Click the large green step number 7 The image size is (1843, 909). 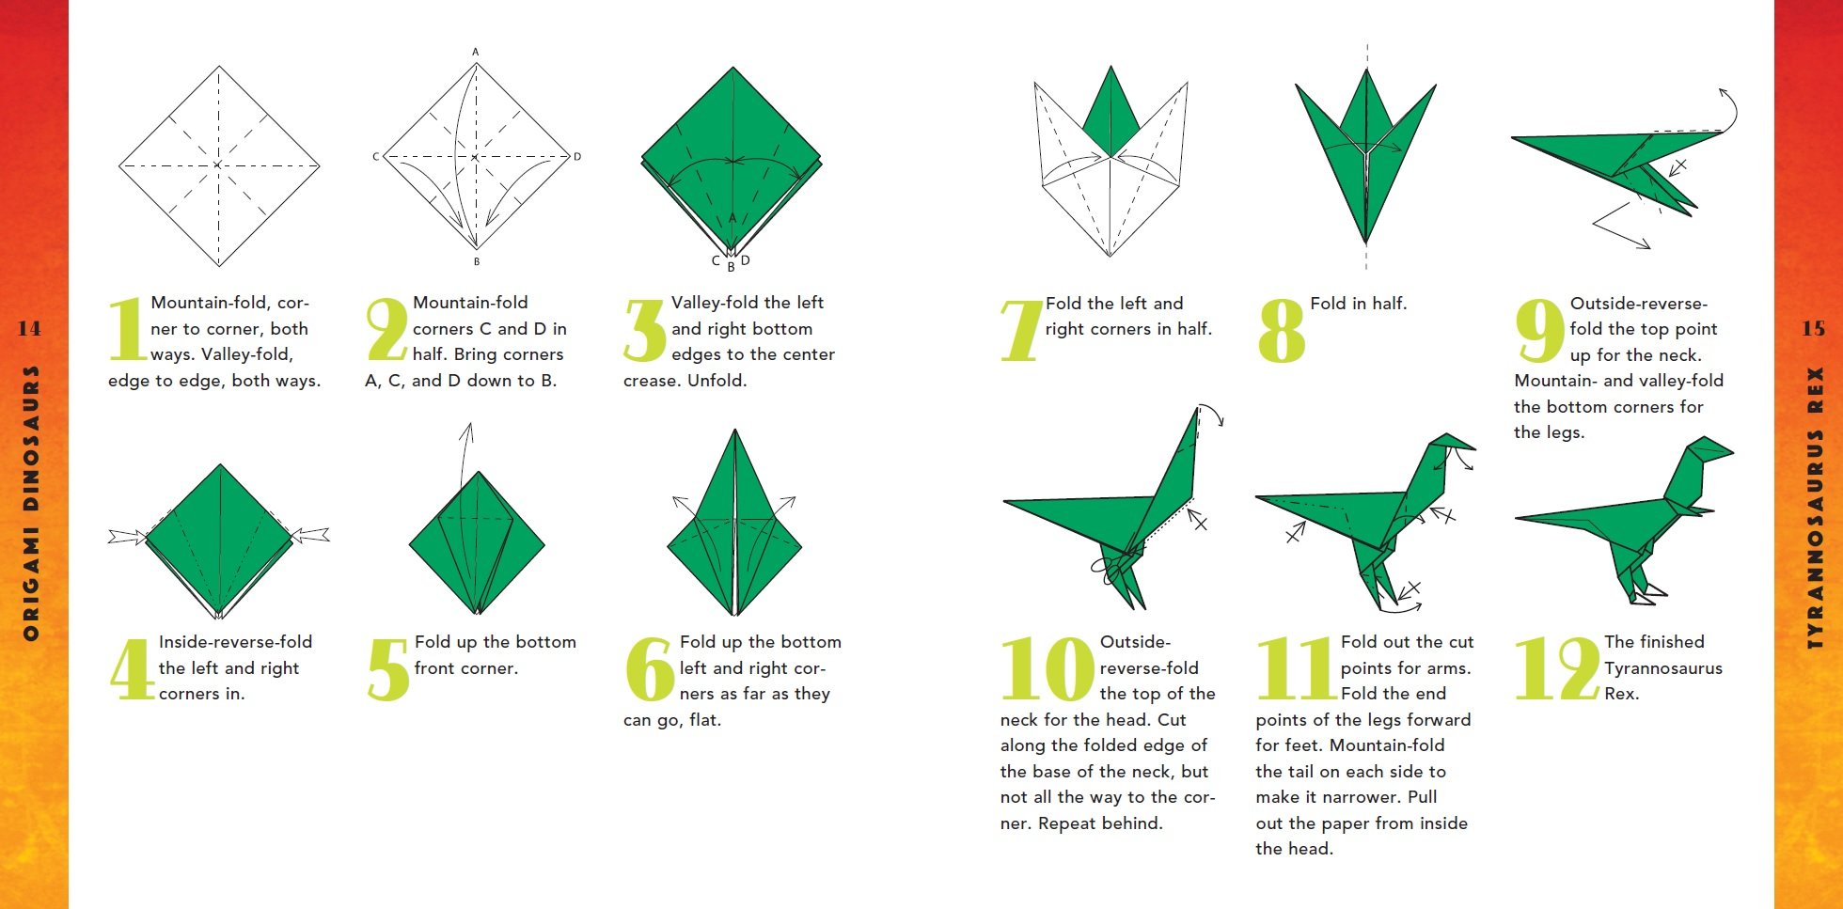1021,330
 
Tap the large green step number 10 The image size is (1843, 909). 1047,668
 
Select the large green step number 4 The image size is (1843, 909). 132,668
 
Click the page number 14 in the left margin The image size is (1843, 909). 29,328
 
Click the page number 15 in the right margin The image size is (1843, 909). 1813,328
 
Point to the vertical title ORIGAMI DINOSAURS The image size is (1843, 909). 31,503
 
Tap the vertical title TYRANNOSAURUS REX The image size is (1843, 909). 1815,508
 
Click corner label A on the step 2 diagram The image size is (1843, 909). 476,52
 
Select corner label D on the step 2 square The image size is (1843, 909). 577,157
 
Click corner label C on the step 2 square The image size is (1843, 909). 375,157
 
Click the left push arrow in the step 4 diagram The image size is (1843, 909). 127,537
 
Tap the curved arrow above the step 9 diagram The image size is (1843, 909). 1730,108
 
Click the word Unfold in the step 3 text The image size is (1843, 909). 716,381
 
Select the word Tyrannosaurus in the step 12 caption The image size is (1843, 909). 1662,668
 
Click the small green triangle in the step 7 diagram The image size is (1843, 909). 1111,118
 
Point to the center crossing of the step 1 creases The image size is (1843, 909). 218,165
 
